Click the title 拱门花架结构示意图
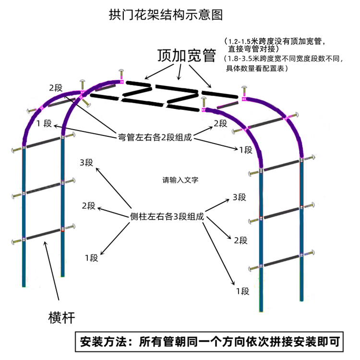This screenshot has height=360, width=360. click(166, 15)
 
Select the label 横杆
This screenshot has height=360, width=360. click(62, 317)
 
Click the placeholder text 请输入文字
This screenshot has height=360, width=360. click(180, 180)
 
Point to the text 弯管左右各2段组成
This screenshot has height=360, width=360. click(155, 137)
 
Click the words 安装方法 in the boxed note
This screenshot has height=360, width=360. click(103, 342)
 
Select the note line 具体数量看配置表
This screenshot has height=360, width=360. click(257, 69)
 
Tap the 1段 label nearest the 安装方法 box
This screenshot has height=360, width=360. click(242, 291)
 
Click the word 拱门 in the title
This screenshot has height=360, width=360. click(120, 15)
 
